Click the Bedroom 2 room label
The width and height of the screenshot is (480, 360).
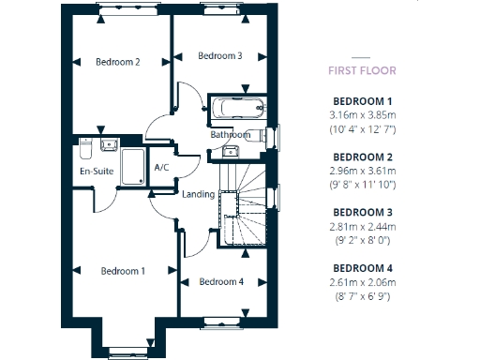click(118, 63)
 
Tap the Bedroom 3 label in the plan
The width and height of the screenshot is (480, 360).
click(220, 56)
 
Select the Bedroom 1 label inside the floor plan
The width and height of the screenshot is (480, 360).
click(123, 271)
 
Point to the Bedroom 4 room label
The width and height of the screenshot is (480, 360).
click(221, 281)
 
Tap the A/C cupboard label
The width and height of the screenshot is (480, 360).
click(160, 168)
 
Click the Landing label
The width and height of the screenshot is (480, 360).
click(198, 194)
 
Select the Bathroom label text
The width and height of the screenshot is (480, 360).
click(230, 135)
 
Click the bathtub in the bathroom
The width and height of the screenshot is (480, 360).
click(238, 108)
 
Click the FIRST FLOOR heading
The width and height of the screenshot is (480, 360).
click(362, 70)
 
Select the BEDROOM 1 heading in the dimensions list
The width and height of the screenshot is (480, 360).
click(363, 100)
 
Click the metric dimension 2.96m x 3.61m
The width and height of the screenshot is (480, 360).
click(363, 171)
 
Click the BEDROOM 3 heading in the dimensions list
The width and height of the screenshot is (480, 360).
click(363, 211)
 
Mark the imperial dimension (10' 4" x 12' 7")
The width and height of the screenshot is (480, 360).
click(363, 128)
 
